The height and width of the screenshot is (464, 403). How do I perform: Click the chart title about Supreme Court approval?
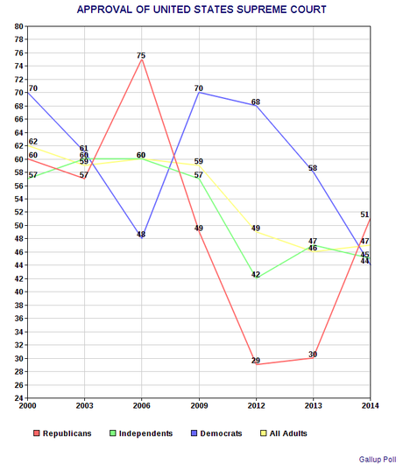(x=201, y=10)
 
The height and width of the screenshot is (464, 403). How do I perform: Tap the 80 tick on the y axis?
(x=18, y=26)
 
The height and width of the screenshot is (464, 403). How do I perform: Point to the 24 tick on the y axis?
(x=18, y=398)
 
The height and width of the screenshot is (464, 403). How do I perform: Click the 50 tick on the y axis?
(x=18, y=226)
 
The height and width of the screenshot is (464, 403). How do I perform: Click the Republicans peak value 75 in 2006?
(x=141, y=56)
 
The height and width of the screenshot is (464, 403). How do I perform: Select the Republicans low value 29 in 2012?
(x=255, y=361)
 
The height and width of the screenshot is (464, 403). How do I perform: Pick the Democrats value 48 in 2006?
(x=141, y=235)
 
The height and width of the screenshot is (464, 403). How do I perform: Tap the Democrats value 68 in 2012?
(x=255, y=102)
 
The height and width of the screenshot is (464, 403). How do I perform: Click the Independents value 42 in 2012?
(x=255, y=275)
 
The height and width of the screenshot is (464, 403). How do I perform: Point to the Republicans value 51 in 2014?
(x=364, y=214)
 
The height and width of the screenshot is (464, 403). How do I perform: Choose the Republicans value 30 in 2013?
(x=313, y=355)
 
